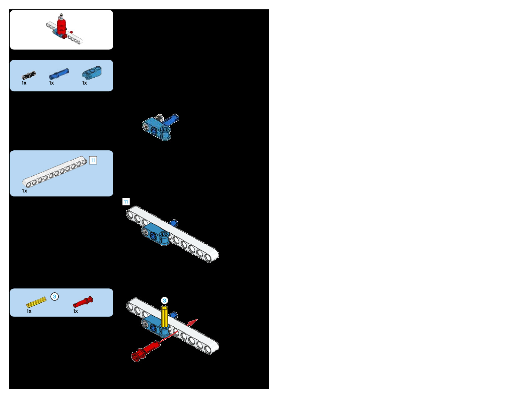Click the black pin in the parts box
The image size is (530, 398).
pos(29,75)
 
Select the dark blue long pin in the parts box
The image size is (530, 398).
pos(59,74)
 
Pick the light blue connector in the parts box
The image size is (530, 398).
pos(92,73)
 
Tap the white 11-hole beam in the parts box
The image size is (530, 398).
pos(54,171)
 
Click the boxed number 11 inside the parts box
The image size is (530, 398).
pos(93,160)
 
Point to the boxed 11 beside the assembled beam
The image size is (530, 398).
pos(126,202)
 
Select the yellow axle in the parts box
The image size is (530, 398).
pos(36,302)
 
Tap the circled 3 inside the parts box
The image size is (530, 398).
pos(54,296)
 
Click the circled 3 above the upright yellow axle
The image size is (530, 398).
pos(164,300)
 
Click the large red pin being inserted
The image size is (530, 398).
pos(145,351)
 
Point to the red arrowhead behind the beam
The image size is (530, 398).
pos(193,322)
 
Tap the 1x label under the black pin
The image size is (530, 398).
pos(24,83)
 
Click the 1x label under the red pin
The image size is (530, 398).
pos(75,311)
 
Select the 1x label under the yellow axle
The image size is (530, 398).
pos(29,311)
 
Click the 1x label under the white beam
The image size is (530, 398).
pos(24,191)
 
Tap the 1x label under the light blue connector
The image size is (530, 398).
pos(84,83)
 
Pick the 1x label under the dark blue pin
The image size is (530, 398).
pos(51,83)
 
